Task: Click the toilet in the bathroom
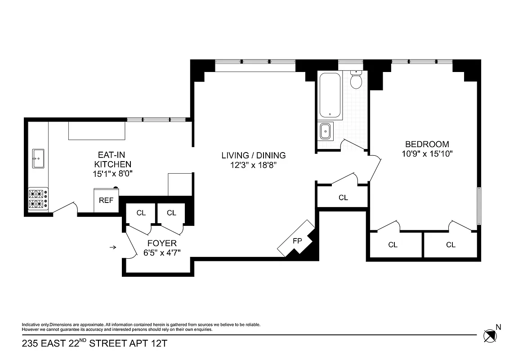click(x=356, y=81)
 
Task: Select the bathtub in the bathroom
click(x=330, y=95)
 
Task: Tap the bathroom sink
click(x=326, y=131)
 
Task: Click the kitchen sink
click(x=39, y=158)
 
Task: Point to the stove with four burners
click(x=38, y=199)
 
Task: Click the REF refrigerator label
click(x=106, y=201)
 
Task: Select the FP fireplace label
click(x=297, y=241)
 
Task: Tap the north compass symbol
click(x=490, y=335)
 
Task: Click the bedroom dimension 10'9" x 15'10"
click(x=427, y=153)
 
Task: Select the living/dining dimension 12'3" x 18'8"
click(x=253, y=165)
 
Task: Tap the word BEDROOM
click(x=427, y=144)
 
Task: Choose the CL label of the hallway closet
click(x=343, y=198)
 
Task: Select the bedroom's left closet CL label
click(x=393, y=245)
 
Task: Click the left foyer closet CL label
click(x=141, y=213)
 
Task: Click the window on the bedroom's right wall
click(x=479, y=205)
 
